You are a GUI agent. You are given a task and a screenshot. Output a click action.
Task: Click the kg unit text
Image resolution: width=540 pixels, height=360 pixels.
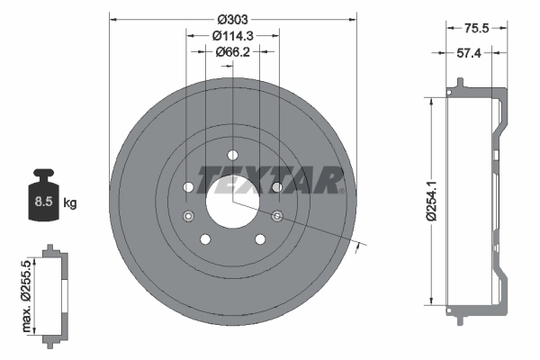click(x=69, y=203)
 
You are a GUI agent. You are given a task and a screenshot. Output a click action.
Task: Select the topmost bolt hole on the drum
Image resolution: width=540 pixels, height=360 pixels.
click(x=232, y=154)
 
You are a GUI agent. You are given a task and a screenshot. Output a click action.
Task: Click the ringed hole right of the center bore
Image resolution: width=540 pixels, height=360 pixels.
click(x=276, y=215)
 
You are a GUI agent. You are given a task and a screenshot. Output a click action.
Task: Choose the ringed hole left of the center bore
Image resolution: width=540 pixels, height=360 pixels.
click(x=188, y=215)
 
